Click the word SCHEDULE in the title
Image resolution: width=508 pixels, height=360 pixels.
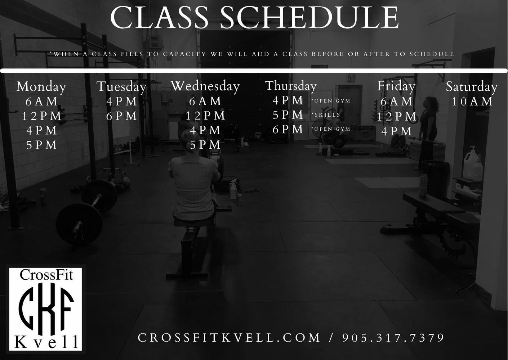coord(309,18)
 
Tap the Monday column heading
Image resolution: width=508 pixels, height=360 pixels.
coord(41,87)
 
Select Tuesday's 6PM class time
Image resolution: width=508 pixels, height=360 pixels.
coord(121,116)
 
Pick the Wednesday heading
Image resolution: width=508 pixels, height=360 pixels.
coord(205,86)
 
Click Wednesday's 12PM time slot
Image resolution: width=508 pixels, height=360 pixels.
coord(205,116)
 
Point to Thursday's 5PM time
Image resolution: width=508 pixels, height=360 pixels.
coord(288,115)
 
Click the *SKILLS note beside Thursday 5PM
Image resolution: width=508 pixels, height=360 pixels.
coord(326,115)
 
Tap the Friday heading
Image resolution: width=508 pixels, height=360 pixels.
coord(396,86)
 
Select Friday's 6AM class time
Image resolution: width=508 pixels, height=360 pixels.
coord(396,101)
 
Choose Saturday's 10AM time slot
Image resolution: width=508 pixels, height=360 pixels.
coord(472,102)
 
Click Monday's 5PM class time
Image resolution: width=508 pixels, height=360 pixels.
coord(41,145)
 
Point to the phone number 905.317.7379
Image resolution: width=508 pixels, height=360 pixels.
coord(393,338)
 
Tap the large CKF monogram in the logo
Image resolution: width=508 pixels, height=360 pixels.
coord(46,309)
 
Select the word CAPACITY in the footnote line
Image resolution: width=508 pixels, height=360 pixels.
coord(184,54)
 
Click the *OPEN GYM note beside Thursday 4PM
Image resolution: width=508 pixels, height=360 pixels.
coord(331,101)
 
